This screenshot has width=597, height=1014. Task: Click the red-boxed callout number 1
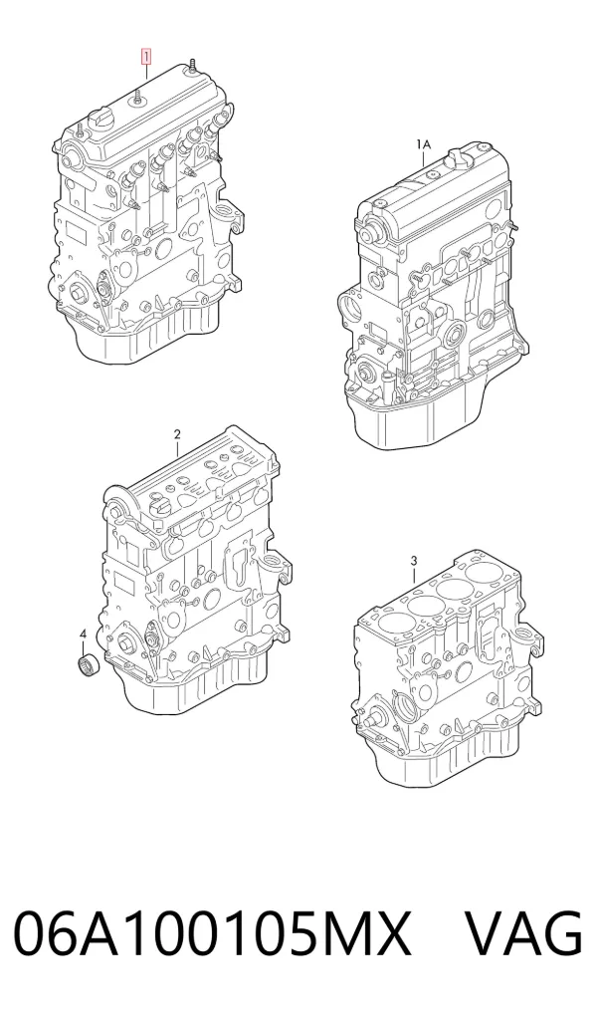(x=146, y=57)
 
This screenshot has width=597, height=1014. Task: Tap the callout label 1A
(x=423, y=144)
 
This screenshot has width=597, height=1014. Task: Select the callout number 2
(x=177, y=434)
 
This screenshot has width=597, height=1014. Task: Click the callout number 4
(x=83, y=635)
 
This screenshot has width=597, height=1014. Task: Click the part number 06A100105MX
(x=212, y=933)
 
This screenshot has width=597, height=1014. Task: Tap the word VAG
(x=524, y=933)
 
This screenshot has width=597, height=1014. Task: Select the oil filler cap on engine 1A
(x=456, y=157)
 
